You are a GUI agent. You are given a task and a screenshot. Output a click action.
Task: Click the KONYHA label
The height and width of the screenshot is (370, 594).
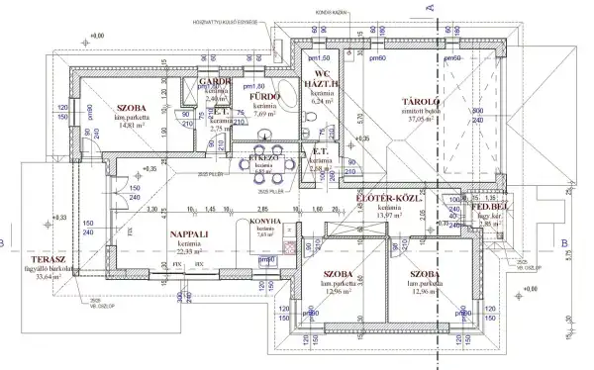click(x=263, y=222)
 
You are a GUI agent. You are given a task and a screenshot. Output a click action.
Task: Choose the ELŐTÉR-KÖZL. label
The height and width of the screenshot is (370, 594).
click(x=389, y=199)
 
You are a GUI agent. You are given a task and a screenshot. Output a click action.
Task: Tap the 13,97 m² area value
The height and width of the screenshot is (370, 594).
click(x=389, y=215)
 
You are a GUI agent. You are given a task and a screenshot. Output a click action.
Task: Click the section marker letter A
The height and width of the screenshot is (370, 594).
click(x=432, y=8)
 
